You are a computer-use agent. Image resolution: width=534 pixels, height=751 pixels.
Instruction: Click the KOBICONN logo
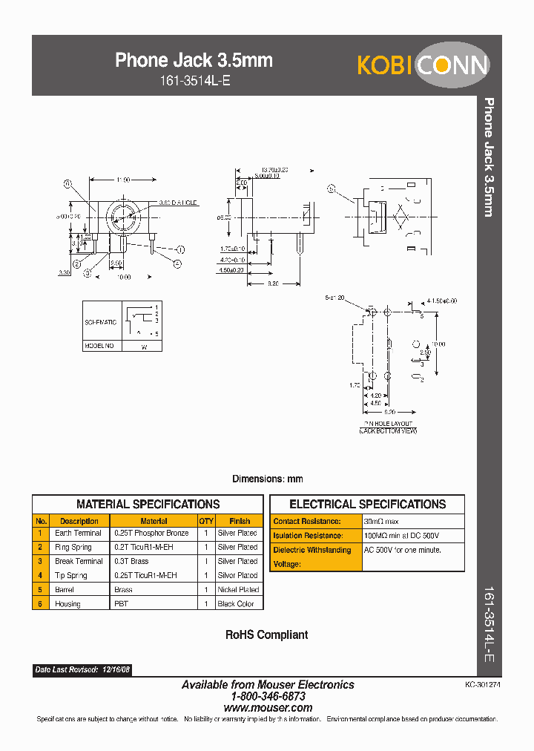(423, 65)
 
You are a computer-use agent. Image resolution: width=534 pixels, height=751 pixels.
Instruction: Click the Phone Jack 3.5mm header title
(194, 60)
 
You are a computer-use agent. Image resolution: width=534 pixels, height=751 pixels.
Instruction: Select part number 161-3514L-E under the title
(194, 82)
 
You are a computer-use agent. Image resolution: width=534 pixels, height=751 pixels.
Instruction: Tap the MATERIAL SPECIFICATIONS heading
(148, 504)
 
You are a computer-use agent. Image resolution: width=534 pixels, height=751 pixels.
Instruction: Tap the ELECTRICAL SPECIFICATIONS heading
(367, 504)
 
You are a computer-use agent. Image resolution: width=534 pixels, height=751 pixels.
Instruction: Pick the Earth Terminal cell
(78, 533)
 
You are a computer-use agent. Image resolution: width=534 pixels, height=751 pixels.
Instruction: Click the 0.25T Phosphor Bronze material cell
(151, 533)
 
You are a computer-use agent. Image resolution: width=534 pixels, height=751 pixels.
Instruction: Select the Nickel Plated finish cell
(238, 589)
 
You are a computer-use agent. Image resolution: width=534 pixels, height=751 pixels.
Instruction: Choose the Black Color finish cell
(236, 604)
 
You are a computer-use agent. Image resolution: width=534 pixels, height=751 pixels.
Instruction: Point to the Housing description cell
(67, 604)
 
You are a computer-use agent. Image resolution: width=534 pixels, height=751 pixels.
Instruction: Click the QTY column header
(206, 521)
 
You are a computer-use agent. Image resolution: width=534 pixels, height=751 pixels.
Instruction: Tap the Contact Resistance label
(307, 522)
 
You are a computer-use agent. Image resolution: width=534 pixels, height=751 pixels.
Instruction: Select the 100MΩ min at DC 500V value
(401, 536)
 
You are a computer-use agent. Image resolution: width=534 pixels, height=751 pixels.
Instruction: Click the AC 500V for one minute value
(402, 550)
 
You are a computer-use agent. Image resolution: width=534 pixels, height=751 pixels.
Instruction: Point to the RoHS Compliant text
(266, 635)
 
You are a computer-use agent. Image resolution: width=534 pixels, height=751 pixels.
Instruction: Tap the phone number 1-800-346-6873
(268, 696)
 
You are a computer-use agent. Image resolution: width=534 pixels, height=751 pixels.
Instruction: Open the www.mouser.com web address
(268, 708)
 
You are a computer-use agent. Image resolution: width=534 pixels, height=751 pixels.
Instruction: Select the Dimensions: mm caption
(267, 479)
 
